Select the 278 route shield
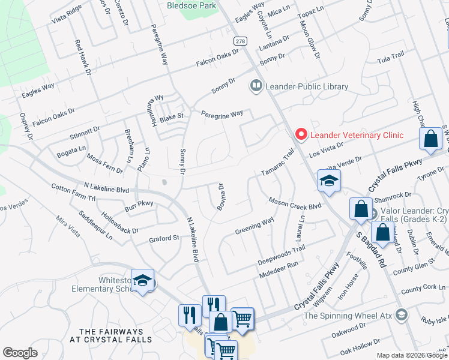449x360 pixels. [x=241, y=40]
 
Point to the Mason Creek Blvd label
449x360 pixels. [x=295, y=203]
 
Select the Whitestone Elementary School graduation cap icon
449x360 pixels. [x=142, y=281]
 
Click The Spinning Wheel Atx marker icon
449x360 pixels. [x=402, y=315]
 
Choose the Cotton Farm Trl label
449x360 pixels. [x=73, y=193]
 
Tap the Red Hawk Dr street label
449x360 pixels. [x=82, y=58]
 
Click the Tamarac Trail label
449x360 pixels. [x=278, y=163]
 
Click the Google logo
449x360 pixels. [x=20, y=353]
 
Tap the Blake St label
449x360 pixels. [x=171, y=116]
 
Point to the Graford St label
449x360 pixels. [x=164, y=239]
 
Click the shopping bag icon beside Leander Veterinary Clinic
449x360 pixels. [x=431, y=139]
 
